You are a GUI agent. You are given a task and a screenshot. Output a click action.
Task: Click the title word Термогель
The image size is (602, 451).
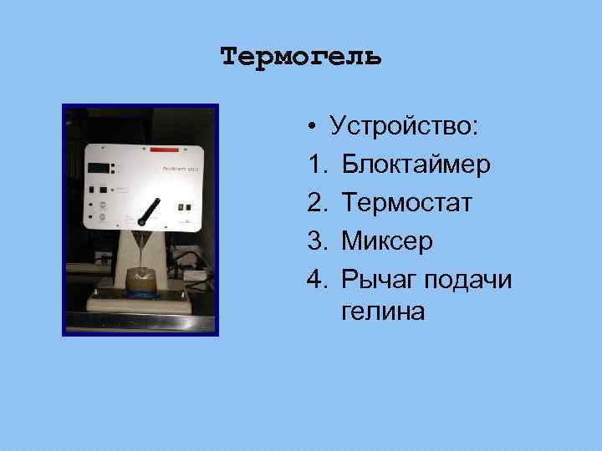coord(301,57)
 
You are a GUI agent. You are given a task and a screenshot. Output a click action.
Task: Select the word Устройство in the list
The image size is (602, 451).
coord(403,126)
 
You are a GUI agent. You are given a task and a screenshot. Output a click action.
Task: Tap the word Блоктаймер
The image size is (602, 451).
coord(416,165)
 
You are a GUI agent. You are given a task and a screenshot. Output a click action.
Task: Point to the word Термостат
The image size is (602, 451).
coord(406,203)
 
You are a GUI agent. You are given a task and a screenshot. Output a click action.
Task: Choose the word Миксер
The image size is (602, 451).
coord(387,241)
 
